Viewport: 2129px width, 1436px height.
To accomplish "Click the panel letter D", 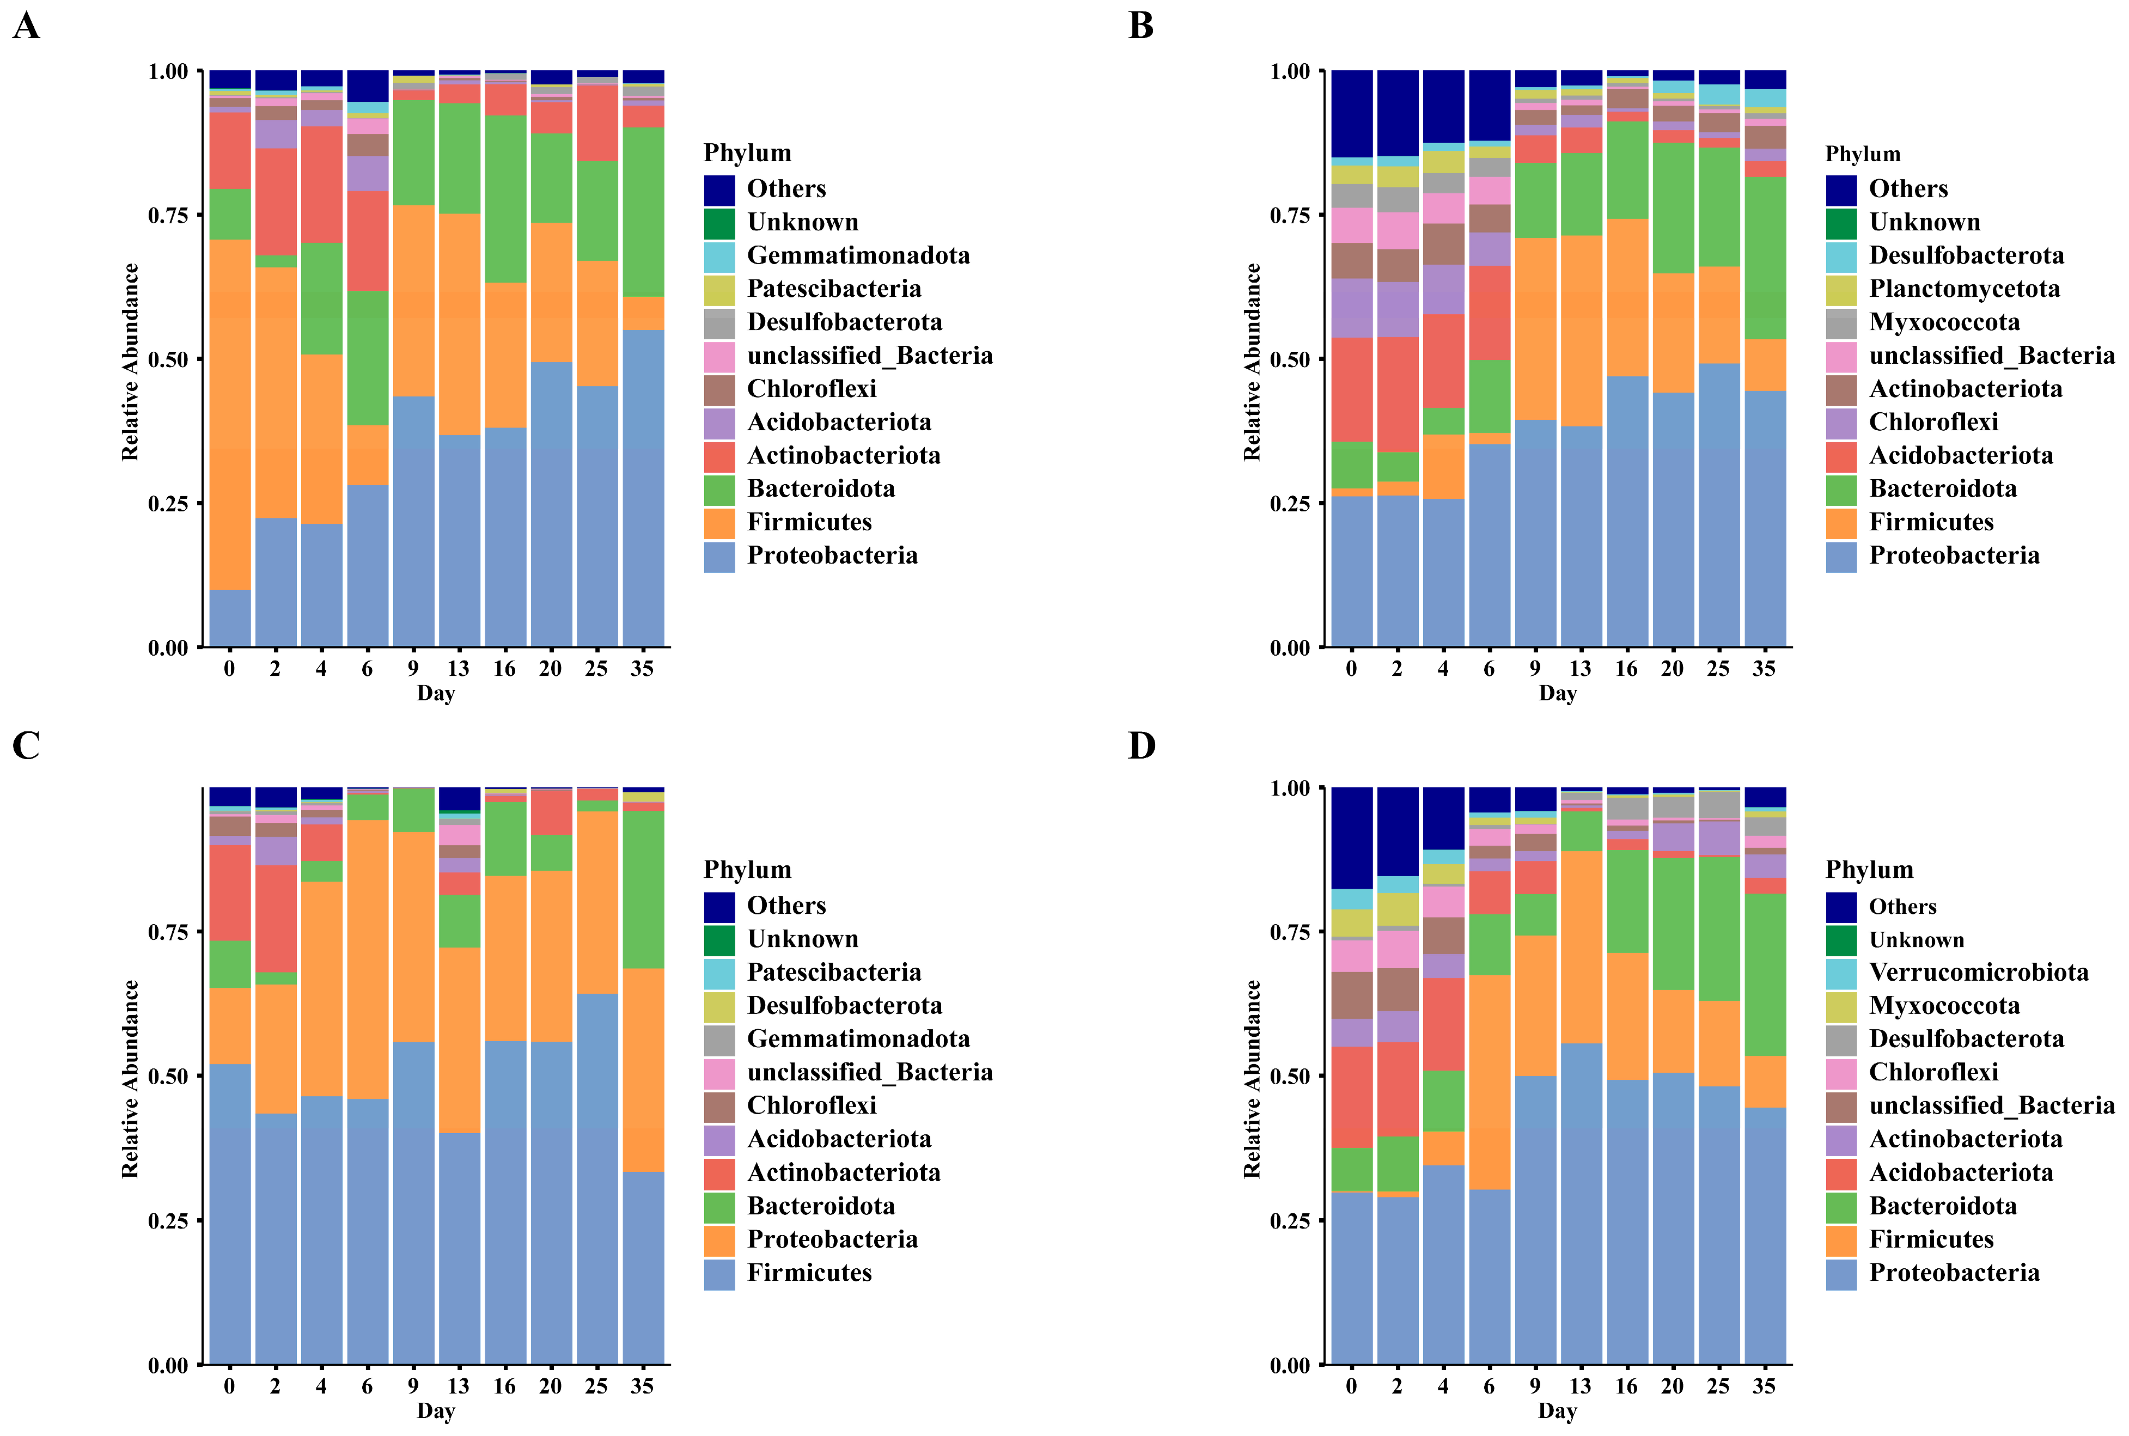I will pyautogui.click(x=1141, y=746).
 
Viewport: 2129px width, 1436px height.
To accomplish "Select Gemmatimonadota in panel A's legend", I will pyautogui.click(x=858, y=255).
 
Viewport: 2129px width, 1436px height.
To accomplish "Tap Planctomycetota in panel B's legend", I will pyautogui.click(x=1963, y=289).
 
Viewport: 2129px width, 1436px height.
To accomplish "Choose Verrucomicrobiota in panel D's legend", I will pyautogui.click(x=1978, y=973).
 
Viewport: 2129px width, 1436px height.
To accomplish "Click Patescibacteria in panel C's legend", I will pyautogui.click(x=833, y=973).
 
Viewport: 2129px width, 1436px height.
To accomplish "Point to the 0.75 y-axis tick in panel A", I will pyautogui.click(x=168, y=215).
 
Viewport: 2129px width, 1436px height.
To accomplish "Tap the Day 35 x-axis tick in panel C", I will pyautogui.click(x=642, y=1386).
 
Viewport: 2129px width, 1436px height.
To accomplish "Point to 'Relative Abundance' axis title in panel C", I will pyautogui.click(x=130, y=1078).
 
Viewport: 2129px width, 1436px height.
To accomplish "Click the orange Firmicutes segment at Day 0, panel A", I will pyautogui.click(x=230, y=412).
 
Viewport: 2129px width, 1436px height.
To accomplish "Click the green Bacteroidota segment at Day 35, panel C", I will pyautogui.click(x=643, y=888).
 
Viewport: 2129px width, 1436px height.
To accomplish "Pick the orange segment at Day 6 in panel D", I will pyautogui.click(x=1489, y=1080).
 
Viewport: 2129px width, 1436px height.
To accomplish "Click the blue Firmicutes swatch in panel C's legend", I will pyautogui.click(x=719, y=1273).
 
